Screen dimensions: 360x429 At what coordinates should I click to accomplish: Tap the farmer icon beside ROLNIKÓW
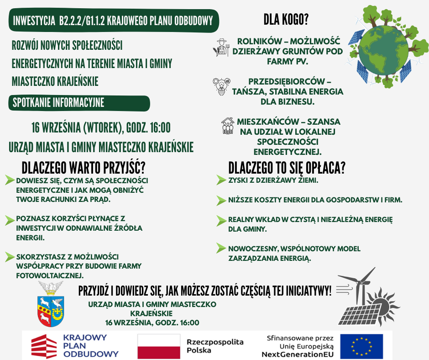click(x=221, y=48)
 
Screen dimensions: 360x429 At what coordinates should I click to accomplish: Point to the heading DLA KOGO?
click(x=286, y=20)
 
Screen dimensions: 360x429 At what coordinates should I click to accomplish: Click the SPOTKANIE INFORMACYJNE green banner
click(x=79, y=103)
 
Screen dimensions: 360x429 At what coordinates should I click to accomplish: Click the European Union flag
click(x=361, y=346)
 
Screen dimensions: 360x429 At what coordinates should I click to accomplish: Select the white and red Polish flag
click(x=159, y=346)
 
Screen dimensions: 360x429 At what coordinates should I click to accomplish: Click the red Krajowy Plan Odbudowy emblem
click(x=44, y=346)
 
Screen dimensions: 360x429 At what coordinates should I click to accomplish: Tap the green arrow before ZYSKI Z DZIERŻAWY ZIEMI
click(x=222, y=180)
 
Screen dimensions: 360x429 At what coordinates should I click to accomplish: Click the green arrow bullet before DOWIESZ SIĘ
click(x=10, y=180)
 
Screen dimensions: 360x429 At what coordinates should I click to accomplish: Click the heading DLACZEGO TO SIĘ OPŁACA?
click(x=287, y=167)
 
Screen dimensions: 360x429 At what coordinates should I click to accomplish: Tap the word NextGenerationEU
click(x=298, y=354)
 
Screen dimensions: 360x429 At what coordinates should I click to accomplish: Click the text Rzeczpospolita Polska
click(x=215, y=346)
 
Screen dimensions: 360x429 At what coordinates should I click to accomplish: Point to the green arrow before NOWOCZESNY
click(x=222, y=249)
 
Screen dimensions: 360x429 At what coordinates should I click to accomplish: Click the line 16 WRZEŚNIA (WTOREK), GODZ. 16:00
click(x=101, y=128)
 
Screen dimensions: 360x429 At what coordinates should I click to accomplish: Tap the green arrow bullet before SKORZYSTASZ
click(x=10, y=257)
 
